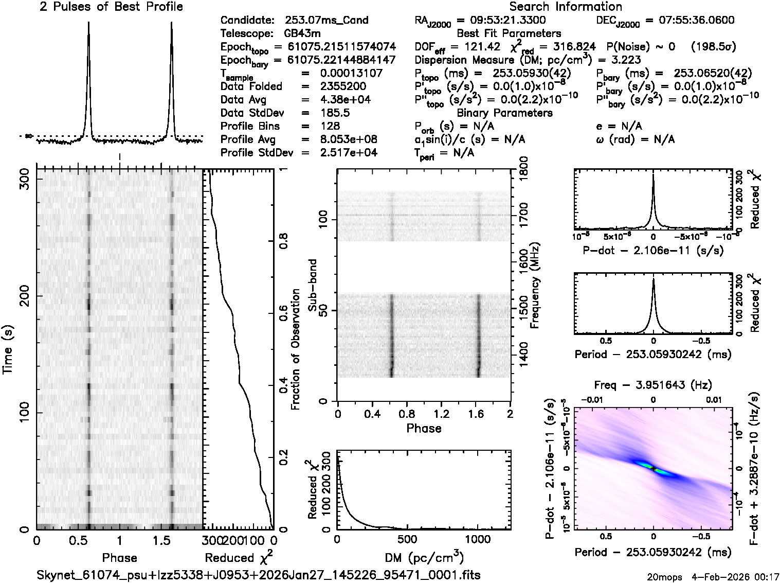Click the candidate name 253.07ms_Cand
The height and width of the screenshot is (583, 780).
tap(326, 21)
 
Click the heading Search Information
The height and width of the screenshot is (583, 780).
tap(566, 7)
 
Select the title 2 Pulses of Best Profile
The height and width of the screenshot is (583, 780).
tap(111, 7)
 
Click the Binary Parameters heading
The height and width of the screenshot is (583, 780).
tap(504, 113)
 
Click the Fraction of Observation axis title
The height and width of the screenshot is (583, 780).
tap(295, 349)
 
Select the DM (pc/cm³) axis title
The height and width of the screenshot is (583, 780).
tap(424, 557)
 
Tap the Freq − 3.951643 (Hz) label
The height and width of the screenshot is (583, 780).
tap(653, 384)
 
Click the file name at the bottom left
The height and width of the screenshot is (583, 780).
tap(259, 574)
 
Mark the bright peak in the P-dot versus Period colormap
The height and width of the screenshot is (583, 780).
tap(654, 468)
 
